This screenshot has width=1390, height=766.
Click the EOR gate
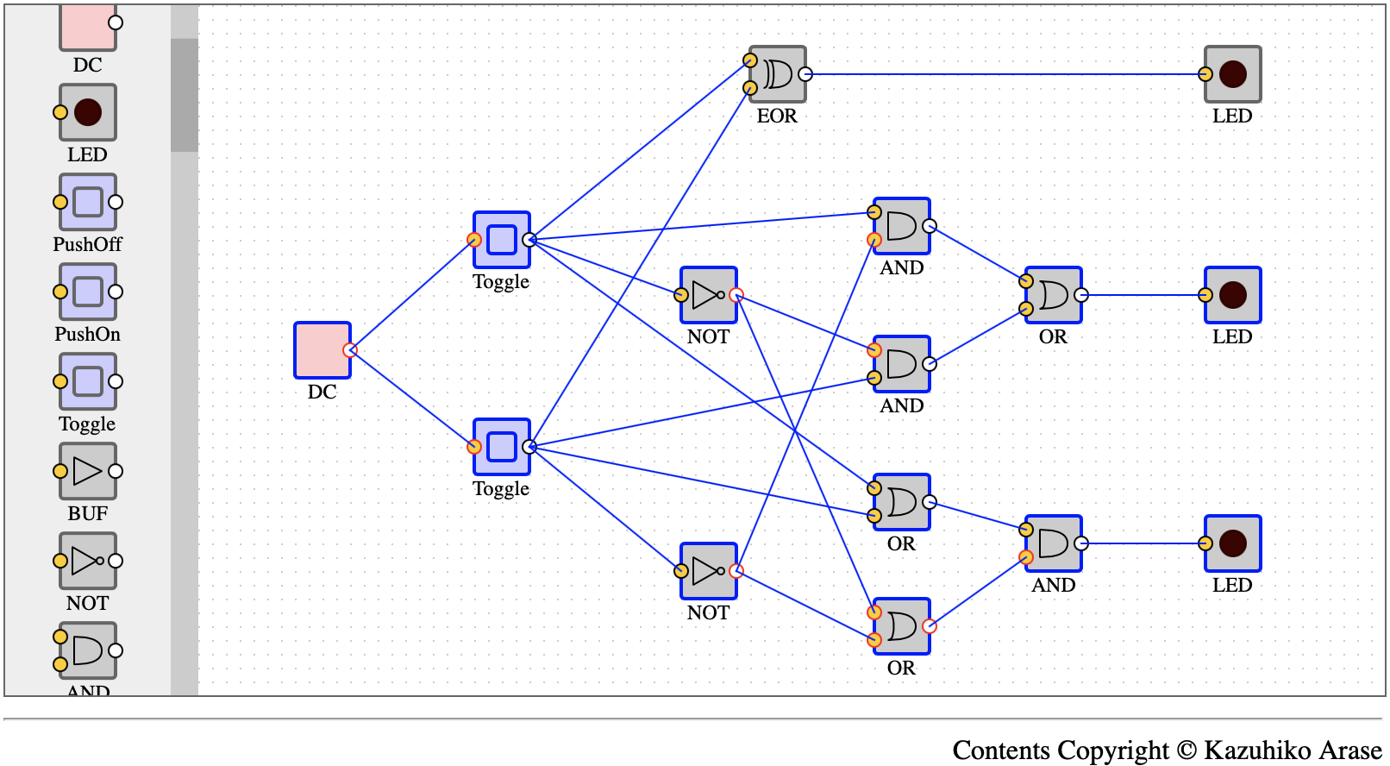pyautogui.click(x=778, y=74)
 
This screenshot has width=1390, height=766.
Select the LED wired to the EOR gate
pyautogui.click(x=1233, y=74)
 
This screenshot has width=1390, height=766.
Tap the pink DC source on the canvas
pyautogui.click(x=322, y=350)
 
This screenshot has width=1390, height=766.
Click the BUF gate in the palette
pyautogui.click(x=87, y=471)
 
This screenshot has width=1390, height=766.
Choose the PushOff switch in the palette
pyautogui.click(x=87, y=203)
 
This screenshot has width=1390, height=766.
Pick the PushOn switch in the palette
pyautogui.click(x=87, y=292)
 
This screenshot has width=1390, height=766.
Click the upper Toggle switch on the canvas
pyautogui.click(x=502, y=240)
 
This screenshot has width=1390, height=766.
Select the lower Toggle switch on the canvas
pyautogui.click(x=502, y=447)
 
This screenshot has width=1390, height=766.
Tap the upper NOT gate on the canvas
pyautogui.click(x=709, y=296)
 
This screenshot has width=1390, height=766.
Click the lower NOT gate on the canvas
pyautogui.click(x=709, y=571)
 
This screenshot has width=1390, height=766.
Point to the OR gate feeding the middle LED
pyautogui.click(x=1054, y=296)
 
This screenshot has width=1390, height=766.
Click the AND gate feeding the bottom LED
pyautogui.click(x=1054, y=543)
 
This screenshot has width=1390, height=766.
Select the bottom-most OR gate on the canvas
pyautogui.click(x=902, y=626)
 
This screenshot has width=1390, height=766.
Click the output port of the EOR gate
pyautogui.click(x=805, y=74)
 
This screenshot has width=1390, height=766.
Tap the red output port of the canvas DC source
pyautogui.click(x=350, y=350)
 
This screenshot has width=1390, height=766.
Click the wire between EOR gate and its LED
pyautogui.click(x=1005, y=74)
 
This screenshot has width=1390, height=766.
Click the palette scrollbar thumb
pyautogui.click(x=185, y=95)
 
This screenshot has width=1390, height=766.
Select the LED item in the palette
pyautogui.click(x=87, y=112)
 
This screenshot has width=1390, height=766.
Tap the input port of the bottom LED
pyautogui.click(x=1205, y=543)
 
